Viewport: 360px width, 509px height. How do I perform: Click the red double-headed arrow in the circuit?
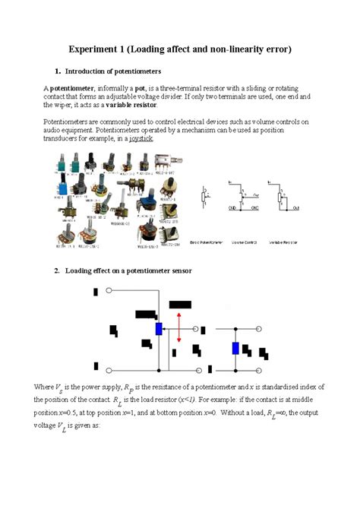[x=179, y=327]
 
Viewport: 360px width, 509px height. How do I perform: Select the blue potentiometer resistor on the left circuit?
[x=159, y=328]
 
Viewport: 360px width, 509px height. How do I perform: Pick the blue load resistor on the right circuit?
[x=235, y=348]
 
